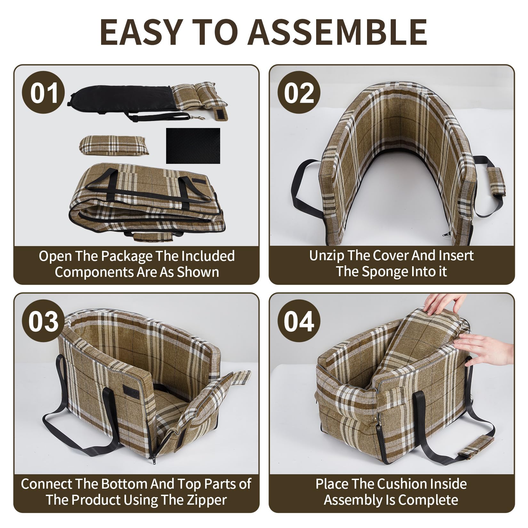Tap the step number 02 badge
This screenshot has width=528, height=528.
[x=299, y=93]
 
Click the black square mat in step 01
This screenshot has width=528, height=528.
[x=193, y=146]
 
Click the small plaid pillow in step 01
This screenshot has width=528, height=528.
[x=114, y=145]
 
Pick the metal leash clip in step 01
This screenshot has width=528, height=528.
[x=198, y=118]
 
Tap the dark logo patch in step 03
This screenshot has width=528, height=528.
[x=132, y=392]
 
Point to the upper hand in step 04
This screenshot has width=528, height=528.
[x=445, y=304]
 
